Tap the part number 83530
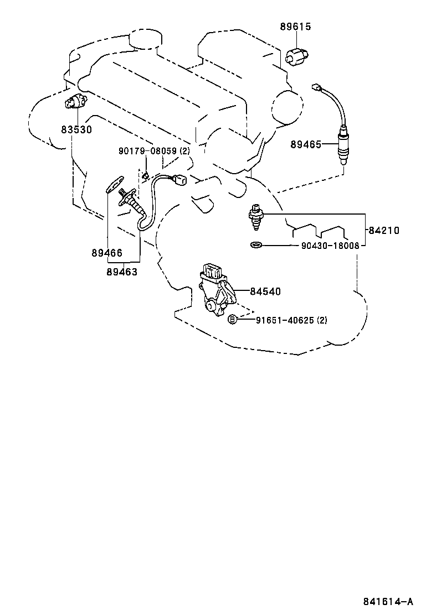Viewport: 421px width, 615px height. click(x=76, y=129)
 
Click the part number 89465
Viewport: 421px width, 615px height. click(x=306, y=144)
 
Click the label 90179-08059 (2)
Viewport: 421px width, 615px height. click(x=153, y=151)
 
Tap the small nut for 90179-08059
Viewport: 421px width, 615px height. click(x=145, y=176)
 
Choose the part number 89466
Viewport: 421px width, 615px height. click(x=107, y=253)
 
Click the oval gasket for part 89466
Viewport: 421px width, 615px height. click(x=114, y=185)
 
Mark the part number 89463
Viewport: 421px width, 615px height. click(x=122, y=272)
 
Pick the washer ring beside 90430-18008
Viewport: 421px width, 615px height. click(x=256, y=245)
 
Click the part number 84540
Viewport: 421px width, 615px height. click(x=265, y=291)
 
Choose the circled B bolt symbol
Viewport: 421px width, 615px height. click(x=233, y=319)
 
